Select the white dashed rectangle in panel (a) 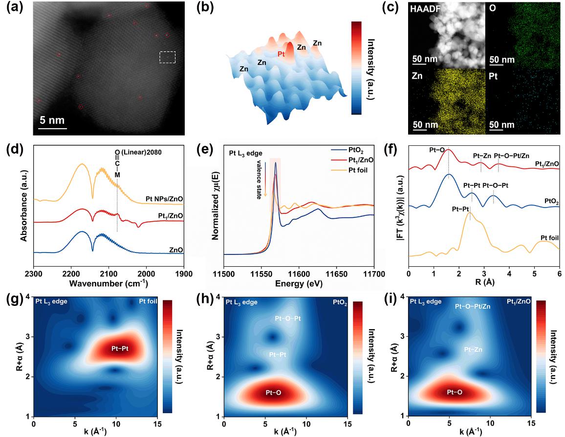point(167,57)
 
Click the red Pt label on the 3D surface point(281,54)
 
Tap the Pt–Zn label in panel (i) point(474,349)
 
